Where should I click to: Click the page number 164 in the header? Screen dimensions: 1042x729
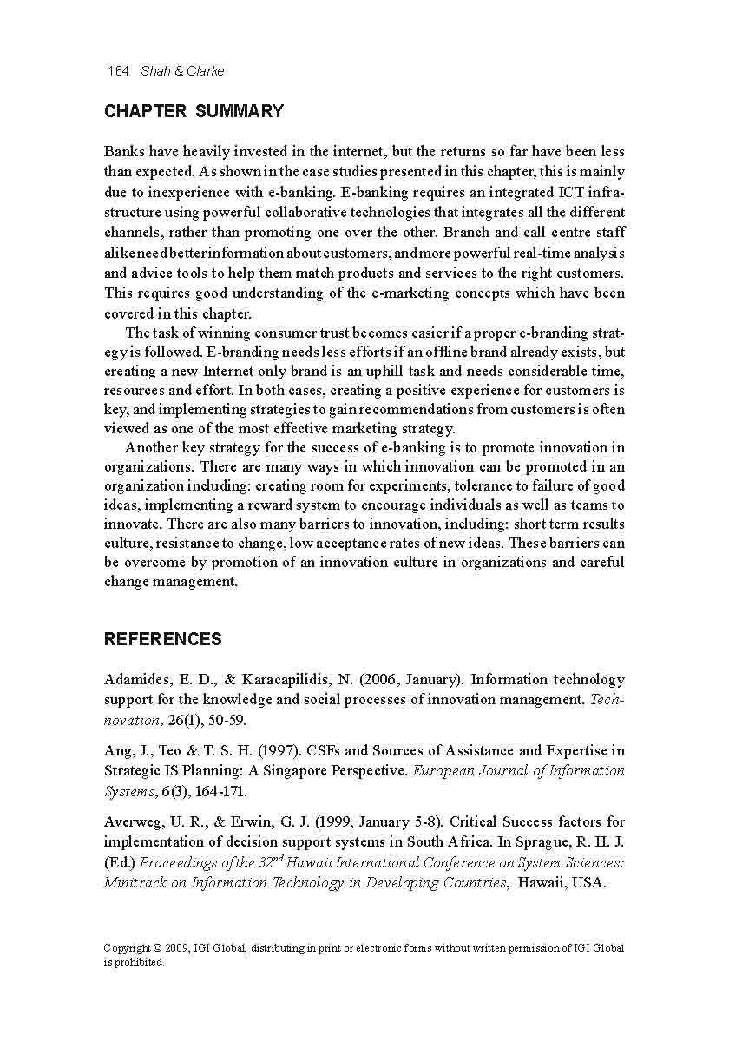pyautogui.click(x=117, y=71)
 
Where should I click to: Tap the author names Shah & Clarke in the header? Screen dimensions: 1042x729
pyautogui.click(x=182, y=71)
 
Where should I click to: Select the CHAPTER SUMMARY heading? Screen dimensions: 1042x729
pyautogui.click(x=194, y=111)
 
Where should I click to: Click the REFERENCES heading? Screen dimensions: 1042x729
pyautogui.click(x=162, y=639)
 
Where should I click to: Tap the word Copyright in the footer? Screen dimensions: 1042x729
pyautogui.click(x=127, y=947)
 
